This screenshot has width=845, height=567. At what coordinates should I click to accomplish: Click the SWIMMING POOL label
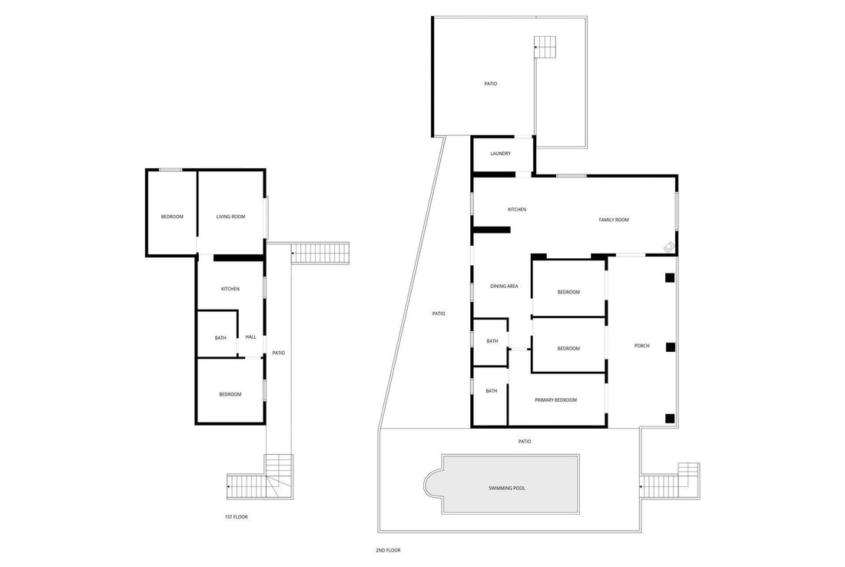[506, 489]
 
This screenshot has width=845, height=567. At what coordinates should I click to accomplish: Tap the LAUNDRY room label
[500, 154]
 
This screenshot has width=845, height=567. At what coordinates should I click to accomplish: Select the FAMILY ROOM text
[614, 220]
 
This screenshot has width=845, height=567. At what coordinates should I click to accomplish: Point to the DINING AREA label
[504, 287]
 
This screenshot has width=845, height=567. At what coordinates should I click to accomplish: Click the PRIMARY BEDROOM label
[555, 400]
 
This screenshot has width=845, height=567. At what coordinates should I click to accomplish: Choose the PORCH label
[642, 346]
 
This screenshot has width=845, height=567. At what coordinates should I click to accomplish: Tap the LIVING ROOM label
[230, 217]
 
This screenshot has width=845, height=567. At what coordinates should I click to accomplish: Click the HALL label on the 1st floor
[250, 337]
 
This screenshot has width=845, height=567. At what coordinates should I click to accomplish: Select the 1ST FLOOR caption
[236, 517]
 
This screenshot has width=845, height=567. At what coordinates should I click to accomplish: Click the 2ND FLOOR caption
[388, 550]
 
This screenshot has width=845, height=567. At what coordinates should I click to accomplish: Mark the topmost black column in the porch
[669, 278]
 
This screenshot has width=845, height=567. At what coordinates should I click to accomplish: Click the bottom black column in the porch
[669, 417]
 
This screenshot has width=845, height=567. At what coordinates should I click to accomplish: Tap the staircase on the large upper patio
[545, 47]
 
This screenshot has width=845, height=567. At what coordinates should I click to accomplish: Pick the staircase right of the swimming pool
[670, 481]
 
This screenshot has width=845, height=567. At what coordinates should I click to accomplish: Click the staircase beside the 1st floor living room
[320, 253]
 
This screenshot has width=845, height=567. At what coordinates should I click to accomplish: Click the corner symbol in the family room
[669, 247]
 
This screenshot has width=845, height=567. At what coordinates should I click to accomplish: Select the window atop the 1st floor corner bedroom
[171, 171]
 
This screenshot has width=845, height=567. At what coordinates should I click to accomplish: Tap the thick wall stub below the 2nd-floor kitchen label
[491, 230]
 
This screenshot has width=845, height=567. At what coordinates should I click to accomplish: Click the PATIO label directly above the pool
[525, 442]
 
